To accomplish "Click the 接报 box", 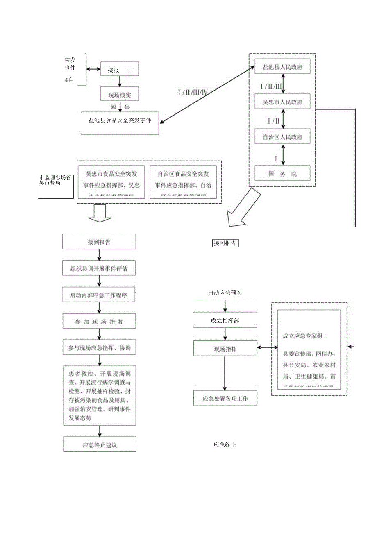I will coord(119,70).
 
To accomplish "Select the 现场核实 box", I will coord(120,95).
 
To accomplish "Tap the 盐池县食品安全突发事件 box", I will coord(120,121).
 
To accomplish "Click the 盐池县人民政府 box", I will coord(282,67).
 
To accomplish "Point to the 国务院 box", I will coord(282,173).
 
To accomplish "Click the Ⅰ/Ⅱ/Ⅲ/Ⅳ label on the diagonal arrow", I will coord(193,92).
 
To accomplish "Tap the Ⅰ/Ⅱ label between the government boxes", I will coord(273,120).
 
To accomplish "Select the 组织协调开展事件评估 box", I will coord(99,269).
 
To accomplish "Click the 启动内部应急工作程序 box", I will coord(99,295).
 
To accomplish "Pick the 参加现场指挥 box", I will coord(99,322).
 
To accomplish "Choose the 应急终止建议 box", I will coord(100,445).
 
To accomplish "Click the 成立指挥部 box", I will coord(225,321).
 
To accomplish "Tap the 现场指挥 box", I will coord(225,349).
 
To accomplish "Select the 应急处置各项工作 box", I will coord(225,398).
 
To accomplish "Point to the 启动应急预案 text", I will coord(225,293).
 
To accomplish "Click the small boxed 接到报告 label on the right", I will coord(225,243).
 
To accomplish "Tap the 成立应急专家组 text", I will coord(302,336).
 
